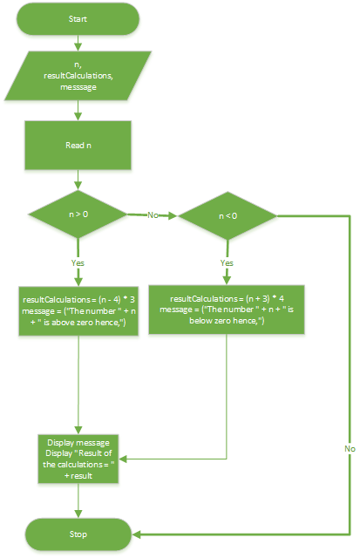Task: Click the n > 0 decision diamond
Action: point(79,214)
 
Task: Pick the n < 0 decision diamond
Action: point(228,214)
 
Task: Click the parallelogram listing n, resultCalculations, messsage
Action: point(79,77)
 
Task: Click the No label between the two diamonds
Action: point(153,214)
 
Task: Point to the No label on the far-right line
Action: point(350,447)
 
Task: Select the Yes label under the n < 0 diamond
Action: point(228,261)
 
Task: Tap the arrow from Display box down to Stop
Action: point(79,500)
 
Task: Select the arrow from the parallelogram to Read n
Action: point(79,112)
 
